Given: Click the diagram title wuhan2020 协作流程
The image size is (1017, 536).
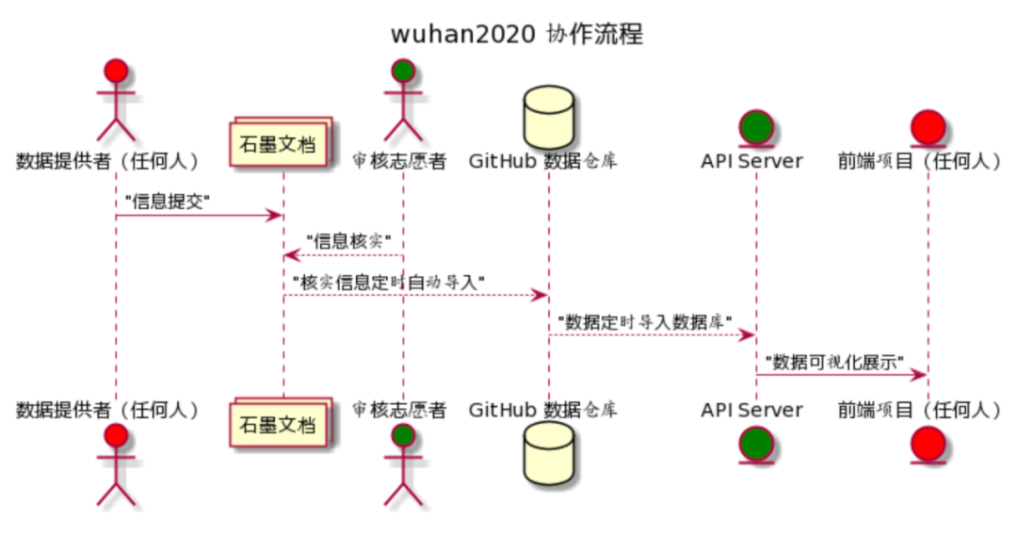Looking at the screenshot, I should point(517,35).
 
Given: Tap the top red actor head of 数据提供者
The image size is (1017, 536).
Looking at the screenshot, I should point(116,72).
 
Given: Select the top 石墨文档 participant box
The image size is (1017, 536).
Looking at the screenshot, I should point(282,144).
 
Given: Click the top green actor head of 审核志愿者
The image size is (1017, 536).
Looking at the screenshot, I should point(403,72).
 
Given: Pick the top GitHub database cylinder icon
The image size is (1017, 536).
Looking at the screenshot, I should point(548,114).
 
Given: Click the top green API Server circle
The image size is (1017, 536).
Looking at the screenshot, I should point(755,124).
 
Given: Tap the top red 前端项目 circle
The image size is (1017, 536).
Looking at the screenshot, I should point(928,124).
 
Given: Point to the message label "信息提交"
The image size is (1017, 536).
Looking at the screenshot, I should point(167,201).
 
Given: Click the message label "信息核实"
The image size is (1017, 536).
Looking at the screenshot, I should point(348,239).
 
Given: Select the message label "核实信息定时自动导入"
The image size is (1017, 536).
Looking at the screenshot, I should point(388,281).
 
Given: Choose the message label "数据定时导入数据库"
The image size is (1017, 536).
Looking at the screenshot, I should point(645,320).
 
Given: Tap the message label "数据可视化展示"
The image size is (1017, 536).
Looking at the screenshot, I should point(834,361).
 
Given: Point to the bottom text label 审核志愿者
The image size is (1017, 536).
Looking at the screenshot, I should point(398,410).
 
